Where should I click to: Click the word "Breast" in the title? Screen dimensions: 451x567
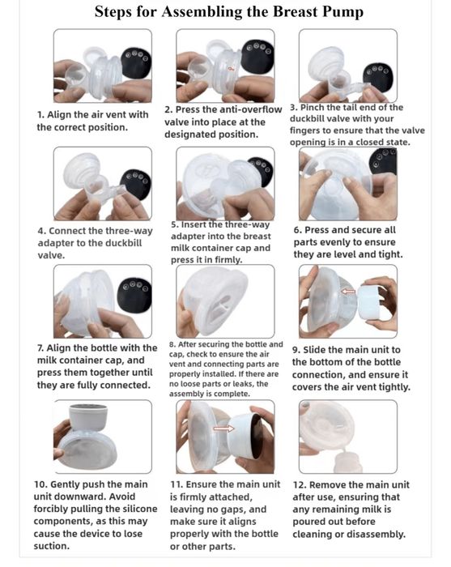pos(295,12)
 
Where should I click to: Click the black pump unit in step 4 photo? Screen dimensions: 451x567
pos(135,185)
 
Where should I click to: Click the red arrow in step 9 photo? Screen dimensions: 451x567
pos(348,291)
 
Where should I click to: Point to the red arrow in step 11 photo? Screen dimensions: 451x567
pos(224,428)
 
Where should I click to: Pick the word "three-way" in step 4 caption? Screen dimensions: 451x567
pos(131,231)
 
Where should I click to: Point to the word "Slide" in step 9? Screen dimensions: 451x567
pos(314,350)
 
